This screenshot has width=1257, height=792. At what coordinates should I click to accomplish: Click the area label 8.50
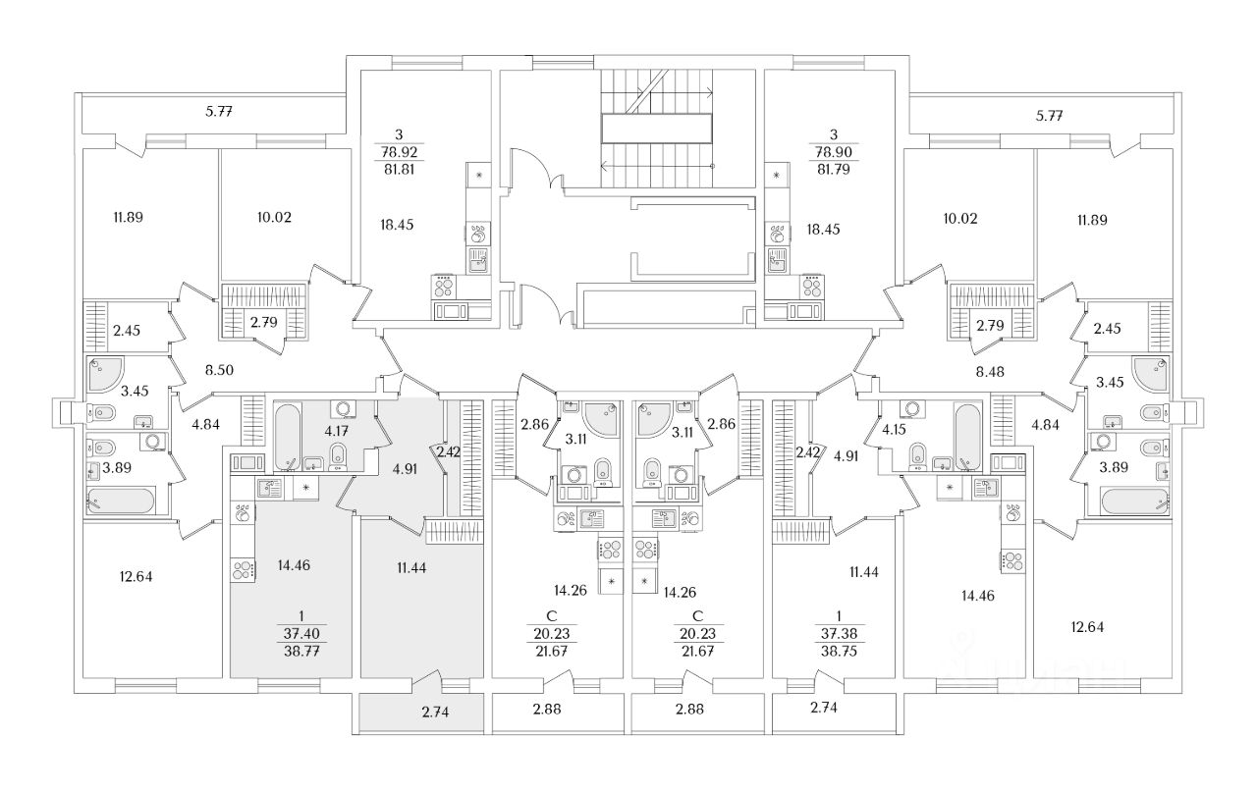point(219,370)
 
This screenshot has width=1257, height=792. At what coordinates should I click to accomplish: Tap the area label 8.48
point(990,372)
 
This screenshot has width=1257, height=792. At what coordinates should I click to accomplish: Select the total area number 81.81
point(399,170)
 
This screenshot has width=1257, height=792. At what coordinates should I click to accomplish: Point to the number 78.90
point(834,152)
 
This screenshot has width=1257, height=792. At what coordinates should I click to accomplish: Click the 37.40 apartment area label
point(301,634)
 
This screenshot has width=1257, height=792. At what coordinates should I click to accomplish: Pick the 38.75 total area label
point(839,652)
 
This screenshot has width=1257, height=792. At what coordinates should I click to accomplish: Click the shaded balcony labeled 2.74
point(421,713)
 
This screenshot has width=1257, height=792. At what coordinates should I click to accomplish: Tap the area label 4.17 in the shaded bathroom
point(337,432)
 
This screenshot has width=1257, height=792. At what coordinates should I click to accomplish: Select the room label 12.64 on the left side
point(136,577)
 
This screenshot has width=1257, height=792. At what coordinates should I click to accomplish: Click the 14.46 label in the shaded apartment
point(294,565)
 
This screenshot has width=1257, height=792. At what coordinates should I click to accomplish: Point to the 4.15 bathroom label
point(894,430)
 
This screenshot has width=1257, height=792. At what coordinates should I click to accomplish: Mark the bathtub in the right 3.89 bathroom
point(1134,501)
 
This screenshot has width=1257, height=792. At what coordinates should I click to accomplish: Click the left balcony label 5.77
point(219,112)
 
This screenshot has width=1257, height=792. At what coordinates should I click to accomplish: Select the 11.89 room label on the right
point(1092,221)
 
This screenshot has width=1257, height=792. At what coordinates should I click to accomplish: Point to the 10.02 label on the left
point(274,218)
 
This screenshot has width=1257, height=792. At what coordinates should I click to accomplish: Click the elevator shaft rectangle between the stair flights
point(657,129)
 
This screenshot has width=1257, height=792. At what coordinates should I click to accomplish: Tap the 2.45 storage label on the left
point(127,331)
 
